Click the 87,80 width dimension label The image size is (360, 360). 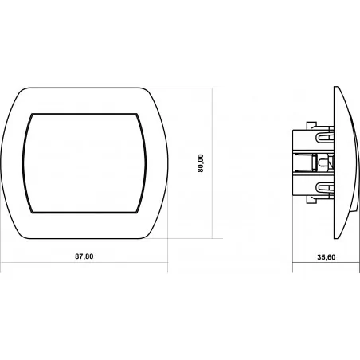click(x=84, y=256)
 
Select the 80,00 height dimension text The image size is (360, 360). click(x=201, y=163)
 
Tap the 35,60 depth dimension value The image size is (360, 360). click(x=327, y=257)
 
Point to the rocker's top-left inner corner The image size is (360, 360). click(x=33, y=115)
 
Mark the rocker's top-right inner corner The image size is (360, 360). click(x=137, y=115)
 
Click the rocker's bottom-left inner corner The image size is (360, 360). click(x=32, y=213)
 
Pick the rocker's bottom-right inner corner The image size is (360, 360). click(x=137, y=213)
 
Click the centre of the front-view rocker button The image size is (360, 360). click(x=84, y=163)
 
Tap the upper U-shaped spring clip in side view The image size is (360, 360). click(x=324, y=136)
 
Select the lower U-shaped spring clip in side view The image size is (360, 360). click(x=324, y=188)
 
